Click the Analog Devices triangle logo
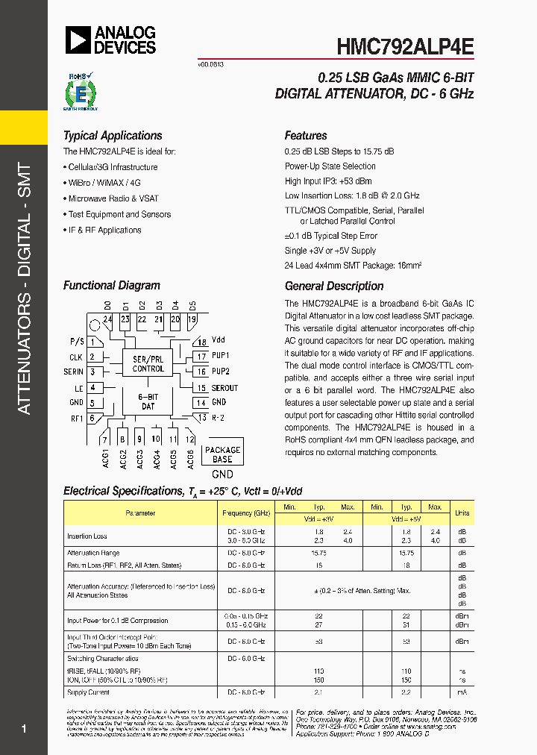[78, 40]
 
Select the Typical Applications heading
[113, 136]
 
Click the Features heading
[306, 136]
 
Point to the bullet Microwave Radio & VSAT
[113, 198]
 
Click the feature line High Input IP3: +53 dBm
[328, 181]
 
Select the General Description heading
[334, 286]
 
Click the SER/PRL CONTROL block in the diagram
[148, 363]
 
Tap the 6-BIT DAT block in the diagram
[148, 401]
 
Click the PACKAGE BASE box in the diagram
[222, 454]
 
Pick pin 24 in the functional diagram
[108, 319]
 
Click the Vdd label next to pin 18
[218, 340]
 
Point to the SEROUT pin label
[224, 388]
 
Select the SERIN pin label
[74, 372]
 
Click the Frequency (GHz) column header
[246, 513]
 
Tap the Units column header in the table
[462, 513]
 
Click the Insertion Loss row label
[87, 536]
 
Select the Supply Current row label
[87, 692]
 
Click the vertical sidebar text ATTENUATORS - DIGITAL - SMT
[24, 288]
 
